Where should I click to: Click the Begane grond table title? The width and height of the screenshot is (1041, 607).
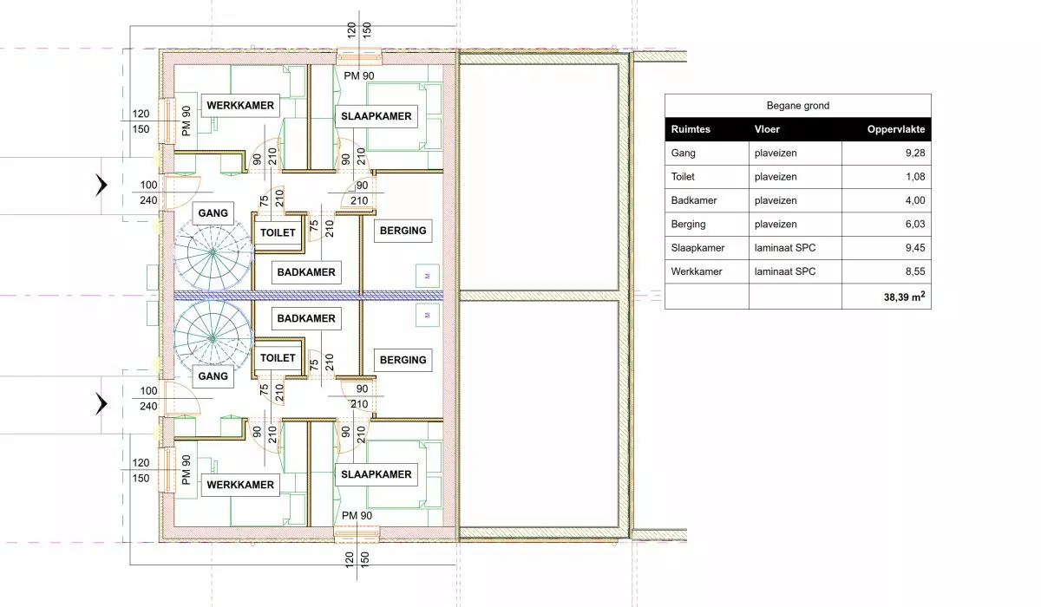point(797,106)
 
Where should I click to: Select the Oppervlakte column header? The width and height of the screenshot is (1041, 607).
point(895,129)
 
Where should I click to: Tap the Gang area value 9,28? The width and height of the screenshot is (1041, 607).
point(914,153)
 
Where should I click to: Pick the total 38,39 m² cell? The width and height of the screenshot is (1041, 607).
point(904,297)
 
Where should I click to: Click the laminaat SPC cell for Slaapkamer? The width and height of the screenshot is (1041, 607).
point(785,248)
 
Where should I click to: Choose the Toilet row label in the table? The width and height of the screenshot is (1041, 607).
point(683,177)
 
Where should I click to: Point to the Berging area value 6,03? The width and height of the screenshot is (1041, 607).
point(914,225)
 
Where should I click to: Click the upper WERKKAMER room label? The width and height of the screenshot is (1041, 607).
point(240,106)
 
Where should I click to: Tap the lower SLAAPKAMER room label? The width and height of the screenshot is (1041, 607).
point(376,474)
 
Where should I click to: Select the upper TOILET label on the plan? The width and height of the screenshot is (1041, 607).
point(278,232)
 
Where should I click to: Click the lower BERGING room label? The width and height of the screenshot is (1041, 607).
point(403,360)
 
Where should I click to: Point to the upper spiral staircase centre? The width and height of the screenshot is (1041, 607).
point(213,252)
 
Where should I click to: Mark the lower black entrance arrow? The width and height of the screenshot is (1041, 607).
point(101,403)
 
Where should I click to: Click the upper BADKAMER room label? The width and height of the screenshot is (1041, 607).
point(306,272)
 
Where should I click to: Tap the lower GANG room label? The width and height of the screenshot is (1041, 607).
point(213,376)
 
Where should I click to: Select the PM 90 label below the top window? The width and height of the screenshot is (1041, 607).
point(359,75)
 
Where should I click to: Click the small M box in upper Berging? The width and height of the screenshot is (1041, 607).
point(427,277)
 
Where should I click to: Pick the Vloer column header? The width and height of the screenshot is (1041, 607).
point(767,129)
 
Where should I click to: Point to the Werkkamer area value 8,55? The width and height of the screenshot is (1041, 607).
point(914,271)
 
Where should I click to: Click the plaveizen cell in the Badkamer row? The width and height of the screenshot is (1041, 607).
point(776,200)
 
